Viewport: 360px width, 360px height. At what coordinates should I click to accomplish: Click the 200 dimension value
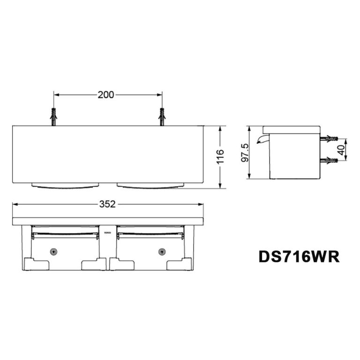tap(106, 95)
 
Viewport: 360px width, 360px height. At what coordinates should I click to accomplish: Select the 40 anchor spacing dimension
tap(341, 150)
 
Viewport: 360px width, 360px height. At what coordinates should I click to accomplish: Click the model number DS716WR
tap(299, 257)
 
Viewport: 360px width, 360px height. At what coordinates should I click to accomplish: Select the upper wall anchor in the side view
tap(329, 139)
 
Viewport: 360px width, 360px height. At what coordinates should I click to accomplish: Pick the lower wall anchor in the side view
tap(329, 161)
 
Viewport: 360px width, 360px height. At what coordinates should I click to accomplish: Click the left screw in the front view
tap(54, 252)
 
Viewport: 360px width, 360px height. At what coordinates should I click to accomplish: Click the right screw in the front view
tap(162, 252)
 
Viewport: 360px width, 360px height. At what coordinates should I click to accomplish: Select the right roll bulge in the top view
tap(150, 186)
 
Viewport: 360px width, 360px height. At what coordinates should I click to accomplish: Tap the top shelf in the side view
tap(291, 129)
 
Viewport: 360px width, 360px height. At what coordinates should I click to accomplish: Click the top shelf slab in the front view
tap(107, 221)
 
